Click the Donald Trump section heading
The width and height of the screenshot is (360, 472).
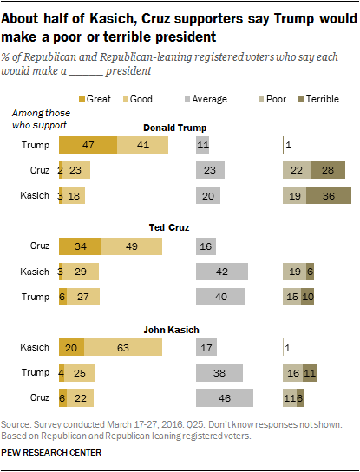coord(180,127)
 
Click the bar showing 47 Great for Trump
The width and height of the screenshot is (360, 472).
coord(87,145)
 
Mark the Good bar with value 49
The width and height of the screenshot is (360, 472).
coord(131,246)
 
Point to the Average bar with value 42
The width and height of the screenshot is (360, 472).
coord(222,272)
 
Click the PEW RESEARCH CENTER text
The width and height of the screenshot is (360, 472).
coord(52,452)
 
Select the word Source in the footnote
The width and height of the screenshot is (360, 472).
coord(20,425)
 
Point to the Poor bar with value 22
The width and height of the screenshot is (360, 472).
coord(296,171)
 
